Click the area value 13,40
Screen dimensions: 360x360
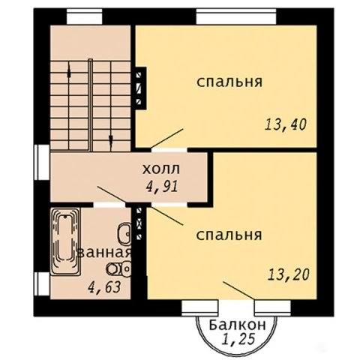pyautogui.click(x=286, y=124)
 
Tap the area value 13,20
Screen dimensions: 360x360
pyautogui.click(x=289, y=274)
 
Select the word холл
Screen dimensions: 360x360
pyautogui.click(x=161, y=169)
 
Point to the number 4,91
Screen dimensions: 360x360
pyautogui.click(x=162, y=186)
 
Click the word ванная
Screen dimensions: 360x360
pyautogui.click(x=104, y=253)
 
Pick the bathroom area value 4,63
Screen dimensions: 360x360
pyautogui.click(x=104, y=287)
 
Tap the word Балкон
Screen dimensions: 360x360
pyautogui.click(x=237, y=325)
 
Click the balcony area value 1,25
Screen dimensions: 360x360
pyautogui.click(x=239, y=339)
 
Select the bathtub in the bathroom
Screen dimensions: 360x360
pyautogui.click(x=65, y=241)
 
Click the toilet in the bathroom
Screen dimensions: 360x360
pyautogui.click(x=119, y=269)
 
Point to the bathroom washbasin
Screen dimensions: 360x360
pyautogui.click(x=124, y=235)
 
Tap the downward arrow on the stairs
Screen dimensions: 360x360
pyautogui.click(x=111, y=139)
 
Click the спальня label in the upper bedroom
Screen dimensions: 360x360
pyautogui.click(x=229, y=82)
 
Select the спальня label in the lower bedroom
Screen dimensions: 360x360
pyautogui.click(x=229, y=235)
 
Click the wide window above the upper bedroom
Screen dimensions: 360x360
pyautogui.click(x=236, y=16)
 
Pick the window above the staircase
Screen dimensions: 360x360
pyautogui.click(x=85, y=16)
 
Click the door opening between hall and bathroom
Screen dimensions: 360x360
pyautogui.click(x=109, y=205)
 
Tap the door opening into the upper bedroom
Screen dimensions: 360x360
pyautogui.click(x=169, y=150)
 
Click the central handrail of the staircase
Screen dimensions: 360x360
pyautogui.click(x=91, y=105)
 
